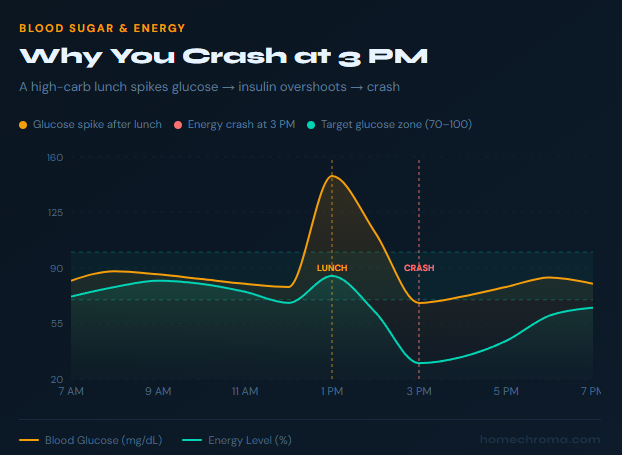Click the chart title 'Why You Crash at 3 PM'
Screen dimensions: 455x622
223,56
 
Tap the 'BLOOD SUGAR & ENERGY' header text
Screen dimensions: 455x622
102,28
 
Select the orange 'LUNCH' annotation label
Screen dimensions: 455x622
332,268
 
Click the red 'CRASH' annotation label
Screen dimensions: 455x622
419,268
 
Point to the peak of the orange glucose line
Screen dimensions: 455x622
332,176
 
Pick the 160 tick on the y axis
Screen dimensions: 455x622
54,158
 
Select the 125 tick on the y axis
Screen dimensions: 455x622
54,213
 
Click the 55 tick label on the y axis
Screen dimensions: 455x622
54,324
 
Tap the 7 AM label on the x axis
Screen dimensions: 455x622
71,390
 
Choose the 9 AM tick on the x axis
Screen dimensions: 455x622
158,390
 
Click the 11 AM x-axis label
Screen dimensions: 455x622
245,390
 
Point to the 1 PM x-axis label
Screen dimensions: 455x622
332,390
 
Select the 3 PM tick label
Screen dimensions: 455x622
419,390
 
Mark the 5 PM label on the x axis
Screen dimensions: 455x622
506,390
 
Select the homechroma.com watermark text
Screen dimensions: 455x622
540,439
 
